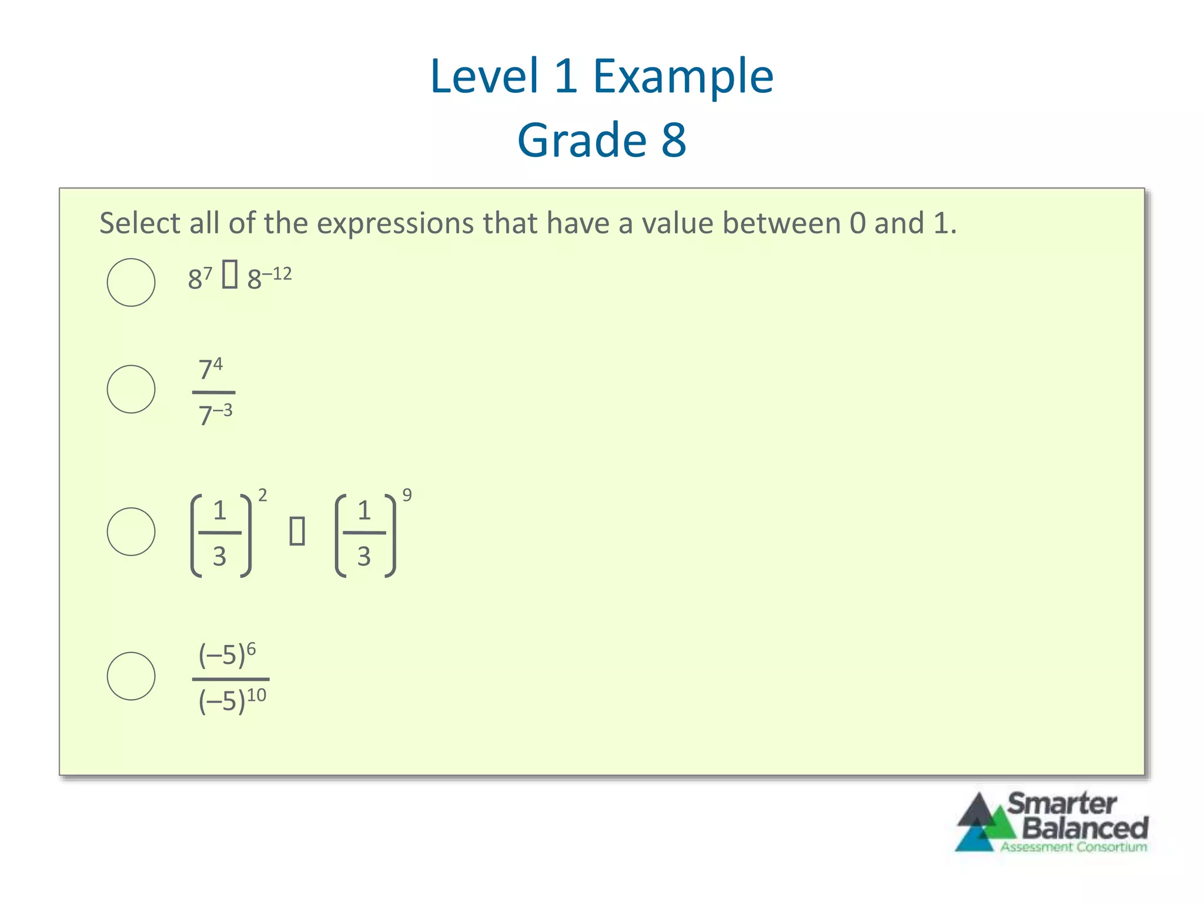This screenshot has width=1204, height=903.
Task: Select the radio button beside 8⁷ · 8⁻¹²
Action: pyautogui.click(x=131, y=282)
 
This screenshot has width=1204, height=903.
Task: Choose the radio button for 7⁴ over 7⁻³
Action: pyautogui.click(x=131, y=389)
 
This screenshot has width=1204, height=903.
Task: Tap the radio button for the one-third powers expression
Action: pyautogui.click(x=131, y=531)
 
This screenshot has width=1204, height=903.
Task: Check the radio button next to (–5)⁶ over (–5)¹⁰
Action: pyautogui.click(x=131, y=676)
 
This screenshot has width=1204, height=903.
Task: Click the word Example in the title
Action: pyautogui.click(x=683, y=76)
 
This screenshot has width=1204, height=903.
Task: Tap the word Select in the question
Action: pyautogui.click(x=139, y=223)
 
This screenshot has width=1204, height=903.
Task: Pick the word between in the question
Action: pyautogui.click(x=781, y=223)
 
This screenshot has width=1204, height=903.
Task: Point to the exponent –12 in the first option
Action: pyautogui.click(x=276, y=274)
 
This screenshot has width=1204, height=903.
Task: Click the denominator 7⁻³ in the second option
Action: pyautogui.click(x=215, y=414)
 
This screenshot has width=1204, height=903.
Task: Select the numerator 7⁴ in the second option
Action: pyautogui.click(x=210, y=369)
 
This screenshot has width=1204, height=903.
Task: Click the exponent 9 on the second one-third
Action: pyautogui.click(x=407, y=495)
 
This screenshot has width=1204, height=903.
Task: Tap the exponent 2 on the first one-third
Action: pyautogui.click(x=262, y=495)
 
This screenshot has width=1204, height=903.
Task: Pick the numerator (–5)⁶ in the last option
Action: pyautogui.click(x=227, y=655)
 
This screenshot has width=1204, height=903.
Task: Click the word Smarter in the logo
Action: pyautogui.click(x=1062, y=804)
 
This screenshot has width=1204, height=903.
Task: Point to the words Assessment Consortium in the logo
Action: pyautogui.click(x=1073, y=847)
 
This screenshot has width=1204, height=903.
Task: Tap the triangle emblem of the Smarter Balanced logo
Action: pyautogui.click(x=983, y=823)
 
